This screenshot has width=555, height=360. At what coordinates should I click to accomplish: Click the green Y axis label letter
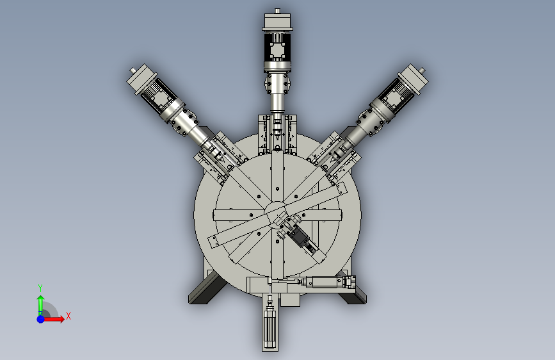tap(40, 288)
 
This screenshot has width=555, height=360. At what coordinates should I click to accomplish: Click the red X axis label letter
tap(68, 316)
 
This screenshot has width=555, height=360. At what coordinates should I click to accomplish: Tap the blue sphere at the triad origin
tap(41, 319)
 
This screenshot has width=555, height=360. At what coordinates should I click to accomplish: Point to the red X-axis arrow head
tap(61, 319)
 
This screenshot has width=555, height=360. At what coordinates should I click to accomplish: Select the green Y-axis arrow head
tap(41, 299)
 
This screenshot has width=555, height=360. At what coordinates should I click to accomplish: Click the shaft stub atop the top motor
tap(278, 11)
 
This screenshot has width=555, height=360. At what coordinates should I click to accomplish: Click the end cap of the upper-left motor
tap(141, 79)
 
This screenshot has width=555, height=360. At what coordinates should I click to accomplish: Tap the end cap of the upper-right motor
tap(413, 79)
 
